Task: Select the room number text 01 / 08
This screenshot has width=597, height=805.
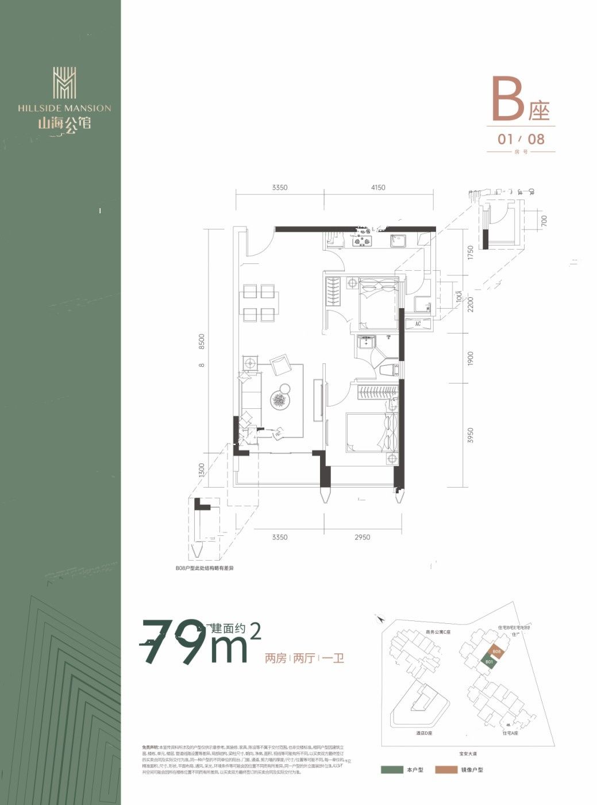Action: (x=521, y=139)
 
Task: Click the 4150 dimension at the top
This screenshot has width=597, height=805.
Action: (x=378, y=187)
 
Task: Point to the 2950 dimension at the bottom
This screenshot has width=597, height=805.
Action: (x=362, y=538)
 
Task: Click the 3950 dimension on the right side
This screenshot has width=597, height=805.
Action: (x=471, y=436)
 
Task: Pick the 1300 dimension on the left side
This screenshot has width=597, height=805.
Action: (x=202, y=470)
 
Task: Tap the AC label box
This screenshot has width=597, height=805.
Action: (x=418, y=324)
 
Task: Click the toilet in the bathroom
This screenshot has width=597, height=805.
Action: (x=389, y=369)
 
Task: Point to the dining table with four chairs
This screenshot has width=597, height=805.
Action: (x=259, y=302)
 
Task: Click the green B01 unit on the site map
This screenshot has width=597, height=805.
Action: (x=489, y=661)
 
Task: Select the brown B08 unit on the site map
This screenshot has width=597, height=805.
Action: (x=497, y=651)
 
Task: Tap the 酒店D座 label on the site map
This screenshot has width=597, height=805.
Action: (x=424, y=733)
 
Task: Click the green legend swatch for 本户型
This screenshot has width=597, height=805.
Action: (x=391, y=769)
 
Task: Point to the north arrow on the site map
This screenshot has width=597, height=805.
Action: (x=380, y=619)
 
